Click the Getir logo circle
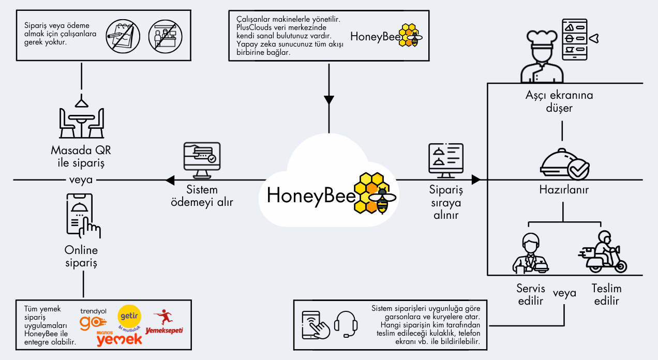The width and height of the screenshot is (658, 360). [x=129, y=316]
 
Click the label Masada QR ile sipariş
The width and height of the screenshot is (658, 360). [x=81, y=157]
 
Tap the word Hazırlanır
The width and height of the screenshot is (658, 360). [x=564, y=190]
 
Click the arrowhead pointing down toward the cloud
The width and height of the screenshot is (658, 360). [x=328, y=100]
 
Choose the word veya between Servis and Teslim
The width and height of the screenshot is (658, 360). [x=564, y=293]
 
